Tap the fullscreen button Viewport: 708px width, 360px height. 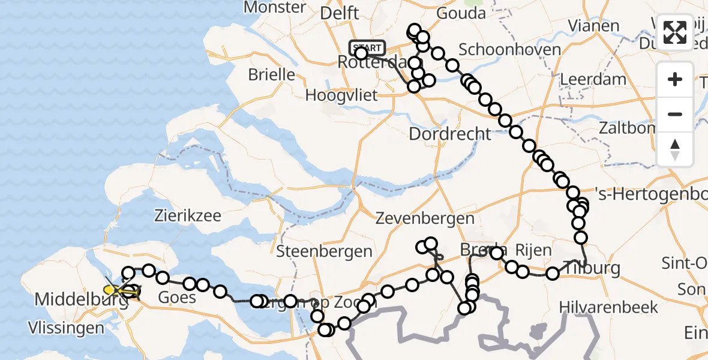[x=675, y=32]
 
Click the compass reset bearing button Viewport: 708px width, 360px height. [x=675, y=149]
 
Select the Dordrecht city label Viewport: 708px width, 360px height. [x=450, y=133]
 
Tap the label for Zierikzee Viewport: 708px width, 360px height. [x=187, y=215]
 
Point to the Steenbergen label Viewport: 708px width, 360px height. [x=324, y=251]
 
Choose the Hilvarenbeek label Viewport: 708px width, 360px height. [x=608, y=308]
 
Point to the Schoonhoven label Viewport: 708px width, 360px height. [x=510, y=49]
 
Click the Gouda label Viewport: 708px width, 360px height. [x=461, y=13]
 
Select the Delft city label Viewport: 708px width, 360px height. [x=340, y=13]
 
